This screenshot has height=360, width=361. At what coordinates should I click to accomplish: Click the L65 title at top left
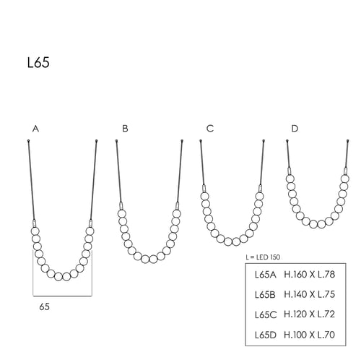click(x=38, y=63)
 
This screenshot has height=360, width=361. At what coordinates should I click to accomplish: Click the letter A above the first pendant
click(x=35, y=129)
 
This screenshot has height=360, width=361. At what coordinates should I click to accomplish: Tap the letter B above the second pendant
click(x=125, y=129)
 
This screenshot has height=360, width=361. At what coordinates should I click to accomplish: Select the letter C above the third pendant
click(x=210, y=129)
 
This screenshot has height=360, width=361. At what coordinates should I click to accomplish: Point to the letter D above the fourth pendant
click(x=295, y=129)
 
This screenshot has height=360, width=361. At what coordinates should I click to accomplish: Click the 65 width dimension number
click(x=45, y=307)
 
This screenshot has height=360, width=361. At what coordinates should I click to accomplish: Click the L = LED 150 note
click(x=263, y=257)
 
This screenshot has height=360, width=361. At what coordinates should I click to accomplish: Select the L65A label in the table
click(x=266, y=275)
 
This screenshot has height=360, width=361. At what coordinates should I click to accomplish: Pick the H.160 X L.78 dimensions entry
click(x=310, y=274)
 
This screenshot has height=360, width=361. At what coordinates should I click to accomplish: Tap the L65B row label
click(x=265, y=294)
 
